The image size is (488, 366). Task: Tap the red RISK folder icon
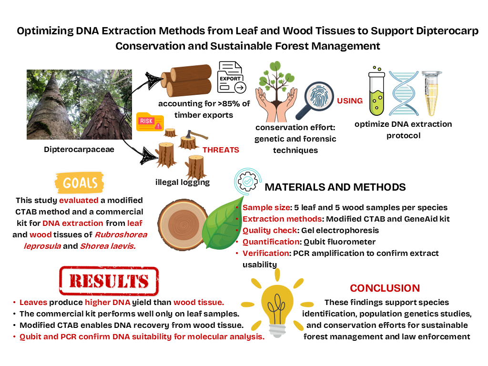pyautogui.click(x=149, y=123)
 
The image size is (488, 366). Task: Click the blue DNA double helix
pyautogui.click(x=404, y=93)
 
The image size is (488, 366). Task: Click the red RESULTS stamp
pyautogui.click(x=109, y=281)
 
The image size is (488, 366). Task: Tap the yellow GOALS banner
pyautogui.click(x=80, y=183)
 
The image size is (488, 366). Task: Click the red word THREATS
pyautogui.click(x=221, y=149)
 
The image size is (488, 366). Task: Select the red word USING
pyautogui.click(x=350, y=101)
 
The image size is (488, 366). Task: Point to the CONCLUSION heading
pyautogui.click(x=385, y=288)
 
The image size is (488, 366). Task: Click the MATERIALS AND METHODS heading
pyautogui.click(x=335, y=187)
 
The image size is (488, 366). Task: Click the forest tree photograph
pyautogui.click(x=72, y=105)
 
